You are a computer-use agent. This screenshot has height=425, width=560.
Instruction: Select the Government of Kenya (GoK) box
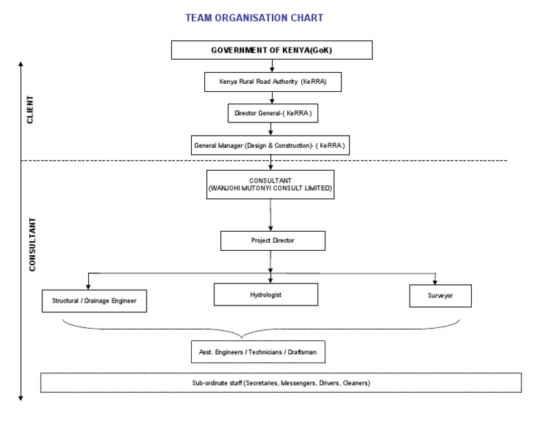point(271,50)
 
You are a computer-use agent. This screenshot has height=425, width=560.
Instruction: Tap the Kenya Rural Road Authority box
point(271,82)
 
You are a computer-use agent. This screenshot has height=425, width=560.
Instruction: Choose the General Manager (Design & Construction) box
point(271,145)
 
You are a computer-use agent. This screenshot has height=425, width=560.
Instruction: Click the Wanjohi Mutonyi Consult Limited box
point(271,184)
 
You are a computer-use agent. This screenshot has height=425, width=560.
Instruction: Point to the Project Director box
point(273,241)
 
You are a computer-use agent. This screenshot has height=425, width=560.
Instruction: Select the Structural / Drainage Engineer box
point(94,300)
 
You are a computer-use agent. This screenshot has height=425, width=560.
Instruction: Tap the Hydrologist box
point(265,295)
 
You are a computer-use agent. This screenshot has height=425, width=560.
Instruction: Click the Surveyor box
point(440,295)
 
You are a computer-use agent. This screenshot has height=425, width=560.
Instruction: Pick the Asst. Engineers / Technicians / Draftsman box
point(258,351)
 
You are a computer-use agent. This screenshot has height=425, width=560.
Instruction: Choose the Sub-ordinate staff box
point(281,383)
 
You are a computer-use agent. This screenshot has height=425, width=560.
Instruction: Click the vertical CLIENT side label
point(30,110)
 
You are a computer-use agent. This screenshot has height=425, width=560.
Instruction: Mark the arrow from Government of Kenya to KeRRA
point(271,65)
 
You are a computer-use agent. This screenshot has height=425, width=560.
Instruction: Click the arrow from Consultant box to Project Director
point(271,215)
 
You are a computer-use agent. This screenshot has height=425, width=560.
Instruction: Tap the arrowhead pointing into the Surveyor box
point(435,281)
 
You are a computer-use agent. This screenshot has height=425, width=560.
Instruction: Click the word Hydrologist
point(265,295)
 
